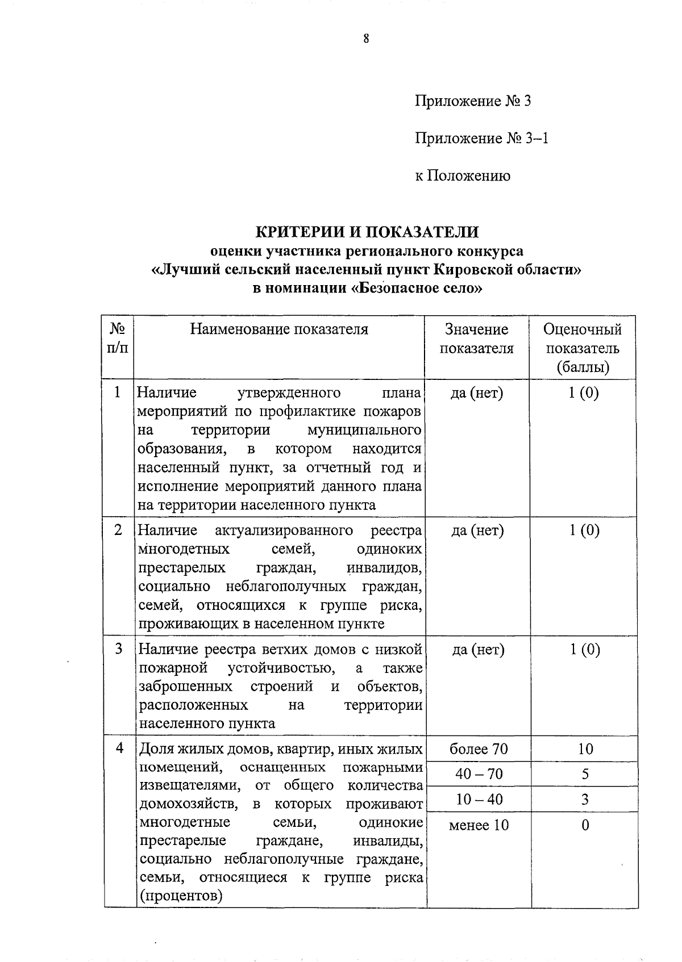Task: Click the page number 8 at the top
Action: pos(366,39)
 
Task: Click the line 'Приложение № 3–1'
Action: pos(481,139)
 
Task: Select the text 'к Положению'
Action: pos(462,176)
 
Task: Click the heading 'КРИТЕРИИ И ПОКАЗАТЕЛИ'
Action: pos(367,232)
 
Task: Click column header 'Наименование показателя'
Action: pos(278,329)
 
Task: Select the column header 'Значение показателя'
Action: pos(476,339)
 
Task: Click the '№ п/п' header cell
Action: pos(117,338)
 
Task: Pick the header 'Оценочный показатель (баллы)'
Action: pos(582,348)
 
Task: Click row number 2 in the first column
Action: pos(118,530)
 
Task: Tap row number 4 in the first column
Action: pos(119,748)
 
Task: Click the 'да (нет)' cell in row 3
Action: pos(478,650)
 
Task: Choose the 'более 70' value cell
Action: pos(478,749)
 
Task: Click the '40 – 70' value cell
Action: pos(478,774)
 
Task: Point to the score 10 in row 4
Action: pos(585,749)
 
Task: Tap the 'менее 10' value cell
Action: pos(479,825)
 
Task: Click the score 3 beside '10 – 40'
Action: pos(585,800)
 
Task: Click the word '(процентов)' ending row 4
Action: pos(181,897)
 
